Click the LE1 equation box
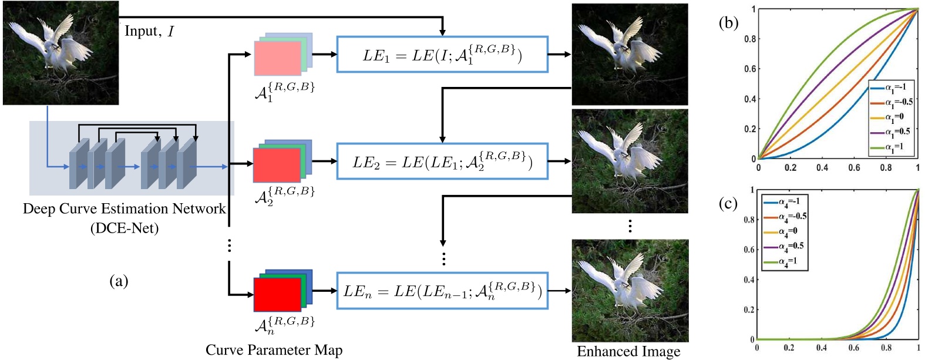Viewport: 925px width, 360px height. tap(442, 55)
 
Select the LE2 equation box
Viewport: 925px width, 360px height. tap(442, 161)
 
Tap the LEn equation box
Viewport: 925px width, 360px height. tap(442, 290)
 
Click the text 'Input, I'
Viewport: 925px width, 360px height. tap(149, 31)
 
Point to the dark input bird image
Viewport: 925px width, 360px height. tap(60, 53)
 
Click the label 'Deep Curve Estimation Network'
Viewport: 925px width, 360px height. tap(124, 209)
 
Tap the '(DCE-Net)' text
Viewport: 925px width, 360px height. tap(124, 228)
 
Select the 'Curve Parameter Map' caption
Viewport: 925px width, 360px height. tap(274, 350)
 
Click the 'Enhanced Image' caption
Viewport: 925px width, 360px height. tap(628, 351)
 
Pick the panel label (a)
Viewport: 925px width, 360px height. tap(119, 281)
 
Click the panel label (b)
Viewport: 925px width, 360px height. tap(729, 23)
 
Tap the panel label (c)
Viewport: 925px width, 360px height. tap(729, 203)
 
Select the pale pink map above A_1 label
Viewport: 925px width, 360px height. tap(277, 58)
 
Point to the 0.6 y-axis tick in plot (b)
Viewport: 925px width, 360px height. tap(750, 69)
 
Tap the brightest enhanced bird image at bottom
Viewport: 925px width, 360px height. tap(630, 290)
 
